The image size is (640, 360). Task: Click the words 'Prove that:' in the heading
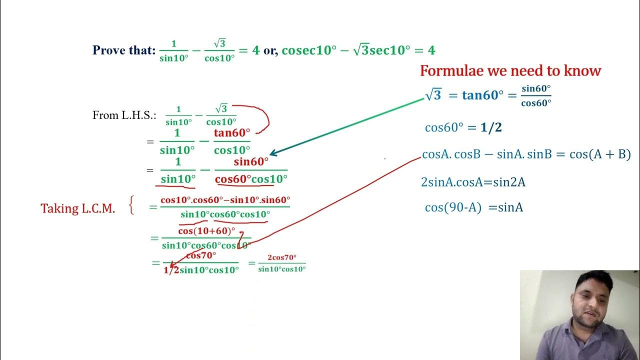point(124,50)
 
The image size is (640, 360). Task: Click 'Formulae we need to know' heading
point(510,71)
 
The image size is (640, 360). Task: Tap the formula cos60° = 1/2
point(463,127)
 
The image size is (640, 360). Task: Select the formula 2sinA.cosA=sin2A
point(473,182)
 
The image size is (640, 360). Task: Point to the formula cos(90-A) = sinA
point(473,207)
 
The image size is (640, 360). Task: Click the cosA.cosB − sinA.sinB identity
point(526,154)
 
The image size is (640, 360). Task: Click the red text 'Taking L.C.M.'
point(77,208)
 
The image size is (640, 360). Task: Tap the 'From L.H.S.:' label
point(124,115)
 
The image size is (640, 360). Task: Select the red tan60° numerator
point(232,133)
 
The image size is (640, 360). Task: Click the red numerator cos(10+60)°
point(206,231)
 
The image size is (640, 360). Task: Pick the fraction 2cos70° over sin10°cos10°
point(281,263)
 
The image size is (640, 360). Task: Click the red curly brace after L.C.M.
point(131,205)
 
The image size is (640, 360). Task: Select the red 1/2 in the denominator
point(171,270)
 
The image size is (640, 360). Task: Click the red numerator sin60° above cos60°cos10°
point(251,161)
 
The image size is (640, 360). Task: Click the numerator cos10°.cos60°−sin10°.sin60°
point(225,200)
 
